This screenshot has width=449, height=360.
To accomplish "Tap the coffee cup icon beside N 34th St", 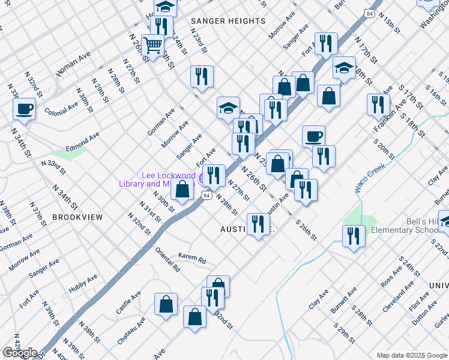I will coord(25,109).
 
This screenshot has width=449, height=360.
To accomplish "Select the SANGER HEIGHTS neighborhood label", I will coord(228,21).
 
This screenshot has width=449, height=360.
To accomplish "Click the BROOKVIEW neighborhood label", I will coord(77,217).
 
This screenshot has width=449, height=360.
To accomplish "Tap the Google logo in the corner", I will coord(20,353).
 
